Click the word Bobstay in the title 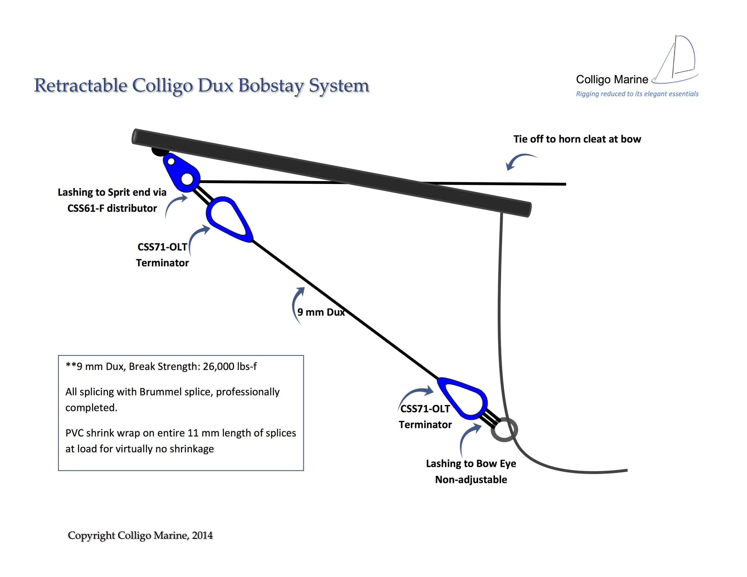(270, 85)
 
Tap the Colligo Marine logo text (612, 79)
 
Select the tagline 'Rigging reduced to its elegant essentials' (637, 94)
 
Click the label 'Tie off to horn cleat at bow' (577, 139)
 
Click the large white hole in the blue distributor (187, 178)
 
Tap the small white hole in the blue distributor (171, 161)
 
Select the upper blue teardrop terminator (229, 219)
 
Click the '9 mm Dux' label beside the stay (321, 312)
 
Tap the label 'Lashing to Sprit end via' (112, 192)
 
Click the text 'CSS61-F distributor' (112, 208)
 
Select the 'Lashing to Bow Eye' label (471, 464)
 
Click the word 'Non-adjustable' (471, 480)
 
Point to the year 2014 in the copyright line (202, 535)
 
